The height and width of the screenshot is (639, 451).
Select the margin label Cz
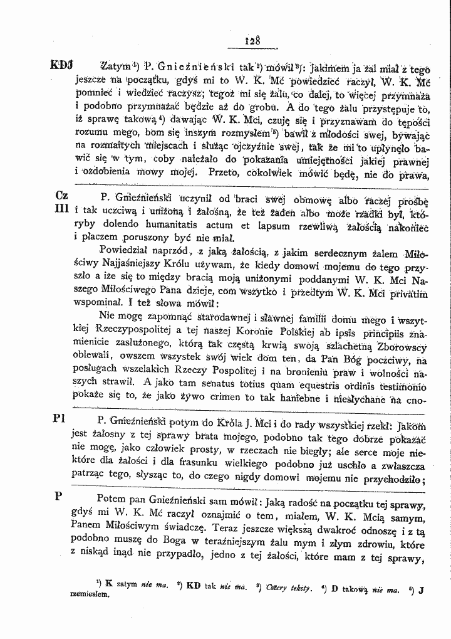pos(62,195)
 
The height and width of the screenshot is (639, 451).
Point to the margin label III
pos(61,208)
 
